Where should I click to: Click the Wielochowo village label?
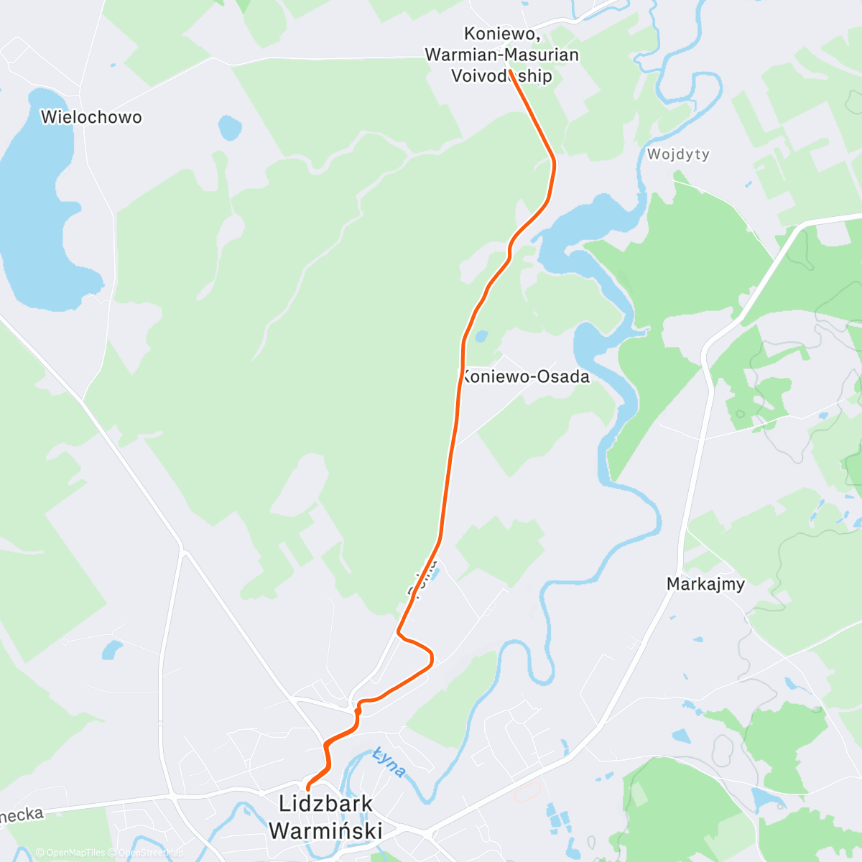click(91, 117)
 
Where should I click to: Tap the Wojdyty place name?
click(678, 154)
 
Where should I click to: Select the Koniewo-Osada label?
click(526, 376)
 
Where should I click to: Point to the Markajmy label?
click(706, 584)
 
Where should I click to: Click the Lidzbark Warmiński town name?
click(325, 817)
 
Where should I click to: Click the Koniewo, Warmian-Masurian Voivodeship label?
click(501, 55)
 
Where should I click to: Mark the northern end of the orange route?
click(509, 70)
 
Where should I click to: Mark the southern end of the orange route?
click(307, 789)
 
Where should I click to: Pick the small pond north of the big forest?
click(229, 128)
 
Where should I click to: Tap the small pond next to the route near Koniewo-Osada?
click(481, 335)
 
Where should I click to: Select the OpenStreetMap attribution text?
click(151, 853)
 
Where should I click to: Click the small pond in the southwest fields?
click(111, 650)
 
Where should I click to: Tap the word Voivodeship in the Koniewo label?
click(501, 75)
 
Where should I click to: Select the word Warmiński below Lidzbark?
click(325, 830)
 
